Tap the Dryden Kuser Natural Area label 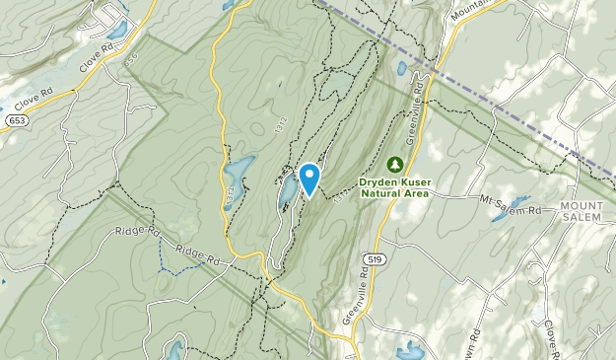394,187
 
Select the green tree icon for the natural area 395,164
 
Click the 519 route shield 373,259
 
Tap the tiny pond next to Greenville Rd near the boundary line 402,69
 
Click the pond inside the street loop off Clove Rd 116,31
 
